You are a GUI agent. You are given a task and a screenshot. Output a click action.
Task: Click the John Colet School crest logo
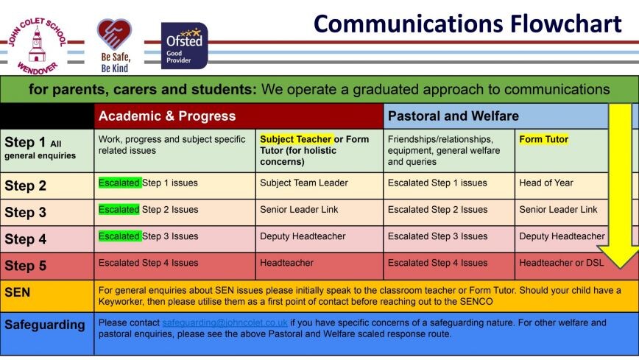pos(37,46)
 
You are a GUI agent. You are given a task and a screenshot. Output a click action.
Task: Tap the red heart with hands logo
pos(114,35)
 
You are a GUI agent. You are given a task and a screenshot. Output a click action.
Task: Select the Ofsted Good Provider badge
pos(184,45)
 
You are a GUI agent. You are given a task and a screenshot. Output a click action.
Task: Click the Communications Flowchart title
pos(467,24)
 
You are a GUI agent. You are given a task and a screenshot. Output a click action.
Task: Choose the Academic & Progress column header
pos(167,116)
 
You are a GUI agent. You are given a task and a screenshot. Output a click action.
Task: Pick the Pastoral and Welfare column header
pos(453,116)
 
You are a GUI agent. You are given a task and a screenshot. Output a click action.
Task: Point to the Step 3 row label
pos(25,213)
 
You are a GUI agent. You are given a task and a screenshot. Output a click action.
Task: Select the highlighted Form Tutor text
pos(543,139)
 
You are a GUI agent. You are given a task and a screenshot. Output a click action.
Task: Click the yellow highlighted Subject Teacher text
pos(296,139)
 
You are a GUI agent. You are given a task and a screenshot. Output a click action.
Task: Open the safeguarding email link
pos(225,323)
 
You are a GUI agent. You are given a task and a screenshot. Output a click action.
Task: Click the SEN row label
pos(17,292)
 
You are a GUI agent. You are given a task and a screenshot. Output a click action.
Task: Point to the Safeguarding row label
pos(45,325)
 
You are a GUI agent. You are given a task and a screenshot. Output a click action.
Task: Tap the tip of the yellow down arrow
pos(620,268)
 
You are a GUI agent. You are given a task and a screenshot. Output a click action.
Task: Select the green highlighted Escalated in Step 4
pos(119,236)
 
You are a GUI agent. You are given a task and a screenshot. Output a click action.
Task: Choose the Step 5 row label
pos(25,266)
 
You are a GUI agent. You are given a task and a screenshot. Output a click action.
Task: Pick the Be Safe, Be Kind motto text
pos(116,63)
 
